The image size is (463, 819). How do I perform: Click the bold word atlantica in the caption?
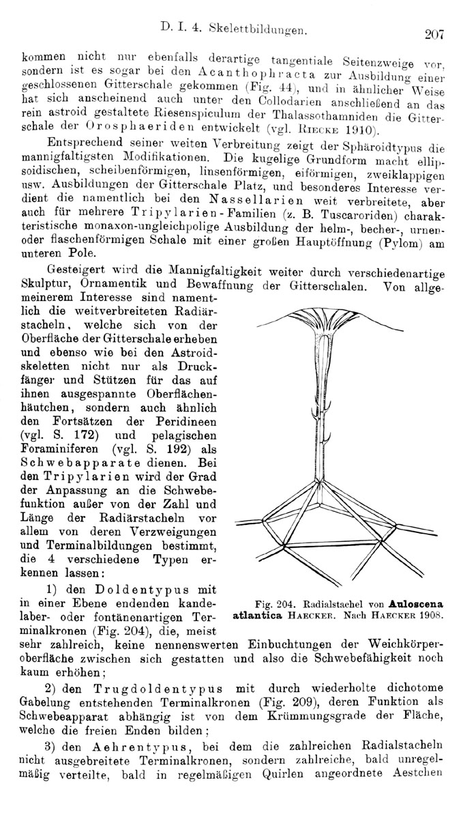click(257, 614)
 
